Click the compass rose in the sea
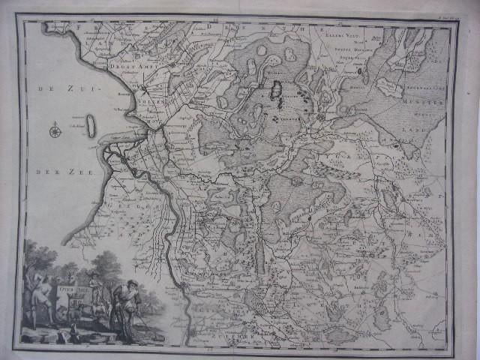[55, 133]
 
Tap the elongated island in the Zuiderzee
[91, 126]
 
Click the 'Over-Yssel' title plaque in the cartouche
[63, 286]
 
